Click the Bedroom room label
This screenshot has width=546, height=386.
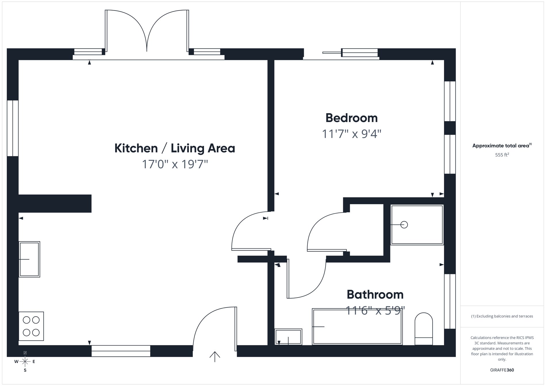click(x=351, y=118)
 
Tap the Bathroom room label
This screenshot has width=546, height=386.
click(x=375, y=295)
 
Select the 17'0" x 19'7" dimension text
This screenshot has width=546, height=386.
click(x=175, y=164)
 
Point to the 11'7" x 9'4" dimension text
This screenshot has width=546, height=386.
click(x=351, y=134)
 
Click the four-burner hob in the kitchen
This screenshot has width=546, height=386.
click(x=31, y=326)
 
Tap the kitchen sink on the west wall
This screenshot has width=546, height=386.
click(x=29, y=259)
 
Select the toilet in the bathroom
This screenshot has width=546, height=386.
click(x=424, y=329)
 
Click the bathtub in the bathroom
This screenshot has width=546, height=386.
click(x=357, y=327)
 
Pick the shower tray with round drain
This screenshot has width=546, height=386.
click(x=417, y=225)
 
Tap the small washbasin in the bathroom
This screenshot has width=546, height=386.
click(x=288, y=337)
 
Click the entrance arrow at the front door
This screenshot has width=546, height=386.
click(x=215, y=356)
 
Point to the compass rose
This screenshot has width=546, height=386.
click(x=25, y=362)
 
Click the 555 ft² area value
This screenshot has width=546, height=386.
click(x=502, y=155)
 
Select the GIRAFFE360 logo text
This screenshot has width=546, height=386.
click(x=502, y=370)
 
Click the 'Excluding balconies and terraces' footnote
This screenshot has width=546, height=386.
click(x=502, y=316)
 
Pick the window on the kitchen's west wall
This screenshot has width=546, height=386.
click(x=13, y=128)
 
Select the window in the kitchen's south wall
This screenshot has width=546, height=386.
click(x=121, y=351)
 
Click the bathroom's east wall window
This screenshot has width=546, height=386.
click(x=450, y=301)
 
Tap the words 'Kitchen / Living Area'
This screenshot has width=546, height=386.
click(x=175, y=148)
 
